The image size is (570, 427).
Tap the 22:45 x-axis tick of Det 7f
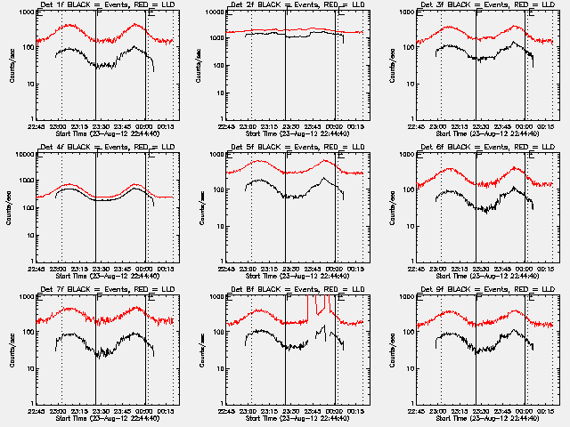[37, 412]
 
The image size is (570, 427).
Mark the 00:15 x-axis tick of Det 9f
[546, 412]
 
